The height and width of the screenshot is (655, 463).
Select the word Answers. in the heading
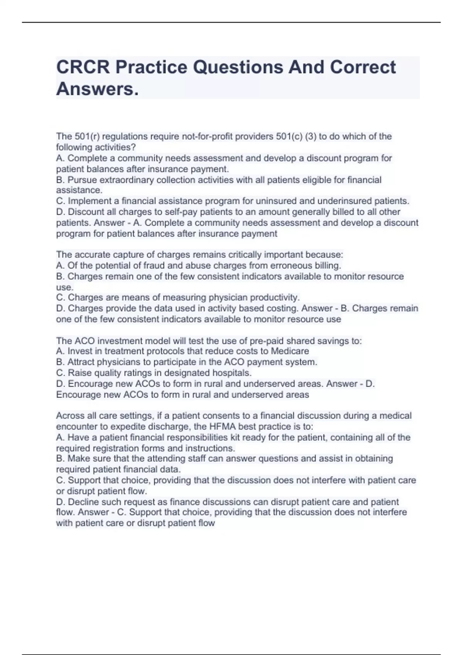97,89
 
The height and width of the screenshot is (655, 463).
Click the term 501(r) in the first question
86,136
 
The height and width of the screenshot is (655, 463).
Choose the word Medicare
290,351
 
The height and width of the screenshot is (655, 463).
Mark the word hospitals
232,373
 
